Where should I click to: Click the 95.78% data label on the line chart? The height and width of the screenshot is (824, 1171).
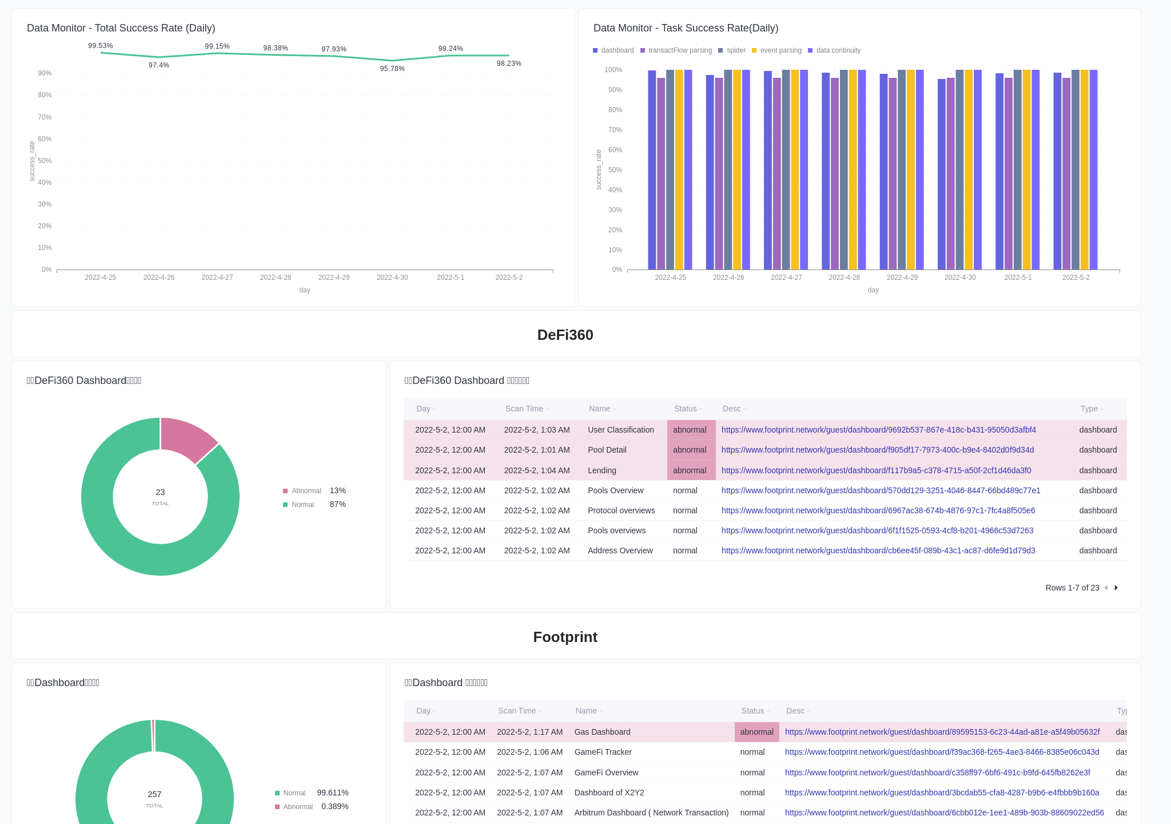pos(392,69)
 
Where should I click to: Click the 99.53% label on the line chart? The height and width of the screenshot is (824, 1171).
pos(101,46)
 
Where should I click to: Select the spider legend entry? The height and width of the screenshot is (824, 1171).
pos(735,50)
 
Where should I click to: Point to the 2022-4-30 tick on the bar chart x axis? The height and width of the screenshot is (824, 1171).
pos(960,278)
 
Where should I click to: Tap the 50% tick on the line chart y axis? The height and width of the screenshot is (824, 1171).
pos(45,161)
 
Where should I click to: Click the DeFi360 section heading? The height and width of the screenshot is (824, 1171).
pos(565,335)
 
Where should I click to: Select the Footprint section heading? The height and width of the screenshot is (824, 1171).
pos(565,637)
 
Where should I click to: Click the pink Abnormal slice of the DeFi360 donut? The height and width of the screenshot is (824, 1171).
pos(186,438)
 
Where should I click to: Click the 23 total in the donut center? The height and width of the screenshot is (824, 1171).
pos(160,492)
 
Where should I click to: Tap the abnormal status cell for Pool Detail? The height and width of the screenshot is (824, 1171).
pos(691,450)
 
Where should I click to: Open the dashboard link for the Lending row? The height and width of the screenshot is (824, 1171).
pos(876,470)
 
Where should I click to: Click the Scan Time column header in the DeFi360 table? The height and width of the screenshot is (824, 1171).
pos(524,409)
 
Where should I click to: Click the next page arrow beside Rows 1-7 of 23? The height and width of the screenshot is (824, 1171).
pos(1116,588)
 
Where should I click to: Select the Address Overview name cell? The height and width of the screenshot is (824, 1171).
pos(620,550)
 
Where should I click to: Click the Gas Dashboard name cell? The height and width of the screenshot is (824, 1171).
pos(602,732)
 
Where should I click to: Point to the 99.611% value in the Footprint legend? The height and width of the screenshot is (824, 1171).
pos(333,793)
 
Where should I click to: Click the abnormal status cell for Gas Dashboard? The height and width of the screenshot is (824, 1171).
pos(756,732)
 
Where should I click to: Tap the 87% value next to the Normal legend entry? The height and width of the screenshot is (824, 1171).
pos(337,504)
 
